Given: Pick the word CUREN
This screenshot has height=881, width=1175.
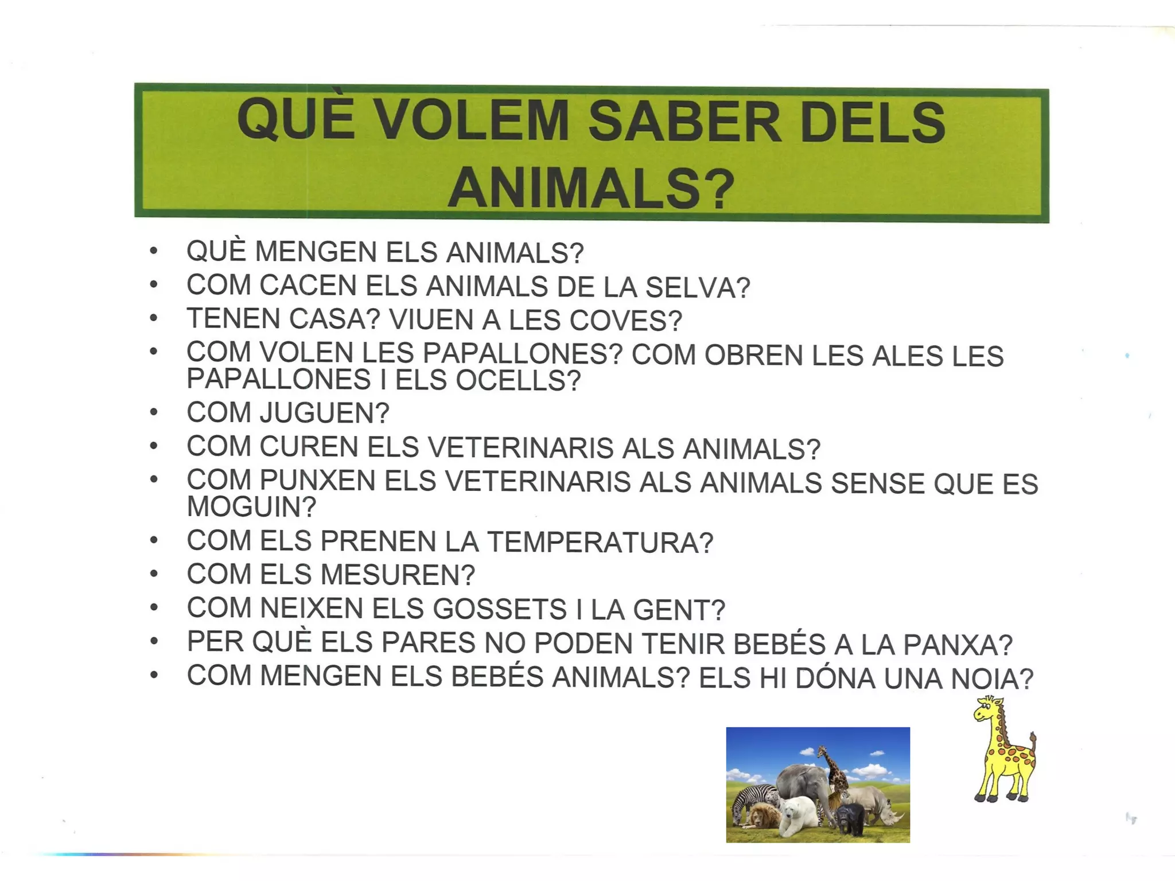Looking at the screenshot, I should pyautogui.click(x=309, y=447).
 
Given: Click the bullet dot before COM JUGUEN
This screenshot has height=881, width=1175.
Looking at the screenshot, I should pyautogui.click(x=153, y=412).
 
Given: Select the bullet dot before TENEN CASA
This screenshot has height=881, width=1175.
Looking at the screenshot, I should pyautogui.click(x=153, y=318).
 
